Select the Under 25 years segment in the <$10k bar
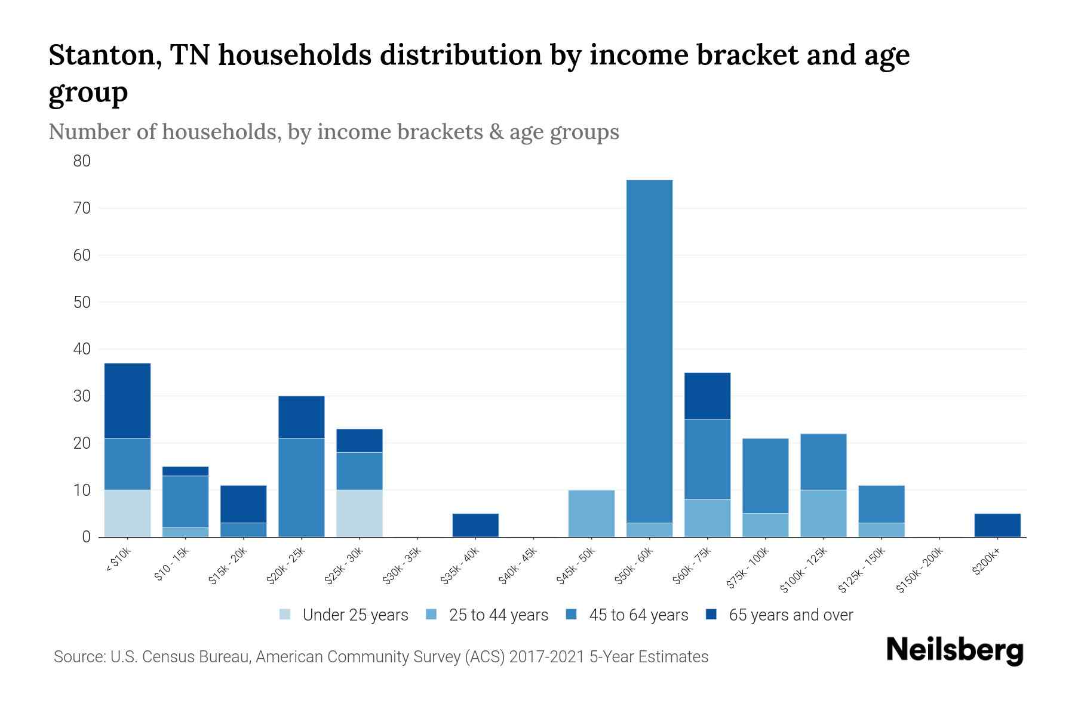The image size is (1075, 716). click(127, 513)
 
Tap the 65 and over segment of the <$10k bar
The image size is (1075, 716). click(127, 400)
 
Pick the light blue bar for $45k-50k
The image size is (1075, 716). click(591, 513)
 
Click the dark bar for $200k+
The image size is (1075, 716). click(997, 525)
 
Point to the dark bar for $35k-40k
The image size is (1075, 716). click(475, 525)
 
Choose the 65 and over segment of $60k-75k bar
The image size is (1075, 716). click(707, 396)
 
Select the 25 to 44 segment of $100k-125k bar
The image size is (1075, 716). click(824, 513)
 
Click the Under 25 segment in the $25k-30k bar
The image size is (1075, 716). click(360, 513)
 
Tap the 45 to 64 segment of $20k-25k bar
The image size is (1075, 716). click(302, 487)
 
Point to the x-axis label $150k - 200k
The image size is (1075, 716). click(920, 570)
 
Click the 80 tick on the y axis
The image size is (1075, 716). click(82, 161)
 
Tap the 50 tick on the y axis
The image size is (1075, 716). click(82, 302)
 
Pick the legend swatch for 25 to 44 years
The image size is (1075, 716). click(431, 615)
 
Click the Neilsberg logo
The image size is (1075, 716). click(954, 650)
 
